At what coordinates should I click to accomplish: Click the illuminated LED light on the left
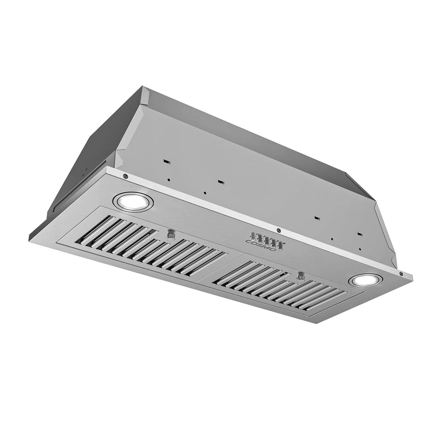pos(133,202)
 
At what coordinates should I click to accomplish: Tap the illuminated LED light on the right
pos(365,281)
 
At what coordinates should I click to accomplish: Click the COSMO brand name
pos(261,246)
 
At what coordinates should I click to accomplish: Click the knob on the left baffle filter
pos(172,234)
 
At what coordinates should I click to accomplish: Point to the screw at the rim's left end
pos(126,176)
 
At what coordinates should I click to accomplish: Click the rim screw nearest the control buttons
pos(278,229)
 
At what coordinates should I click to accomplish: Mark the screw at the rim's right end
pos(401,274)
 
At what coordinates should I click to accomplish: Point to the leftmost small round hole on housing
pos(169,180)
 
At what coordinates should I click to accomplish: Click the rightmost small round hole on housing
pos(361,250)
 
